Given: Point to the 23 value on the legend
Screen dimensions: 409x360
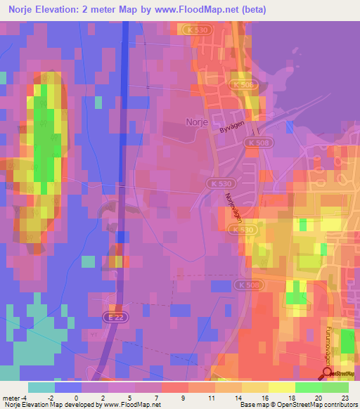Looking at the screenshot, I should [x=345, y=397].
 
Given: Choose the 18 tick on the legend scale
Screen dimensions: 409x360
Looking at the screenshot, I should [x=292, y=397].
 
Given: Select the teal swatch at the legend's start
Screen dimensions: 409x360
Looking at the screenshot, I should [x=41, y=387].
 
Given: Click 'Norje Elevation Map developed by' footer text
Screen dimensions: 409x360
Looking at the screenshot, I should [x=46, y=404].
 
